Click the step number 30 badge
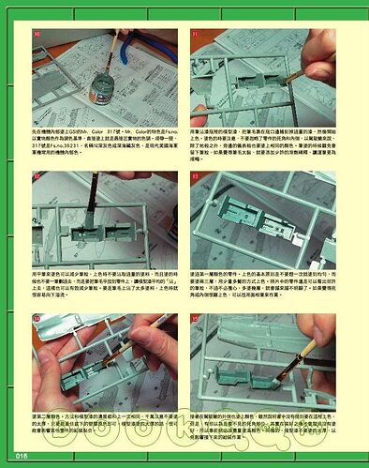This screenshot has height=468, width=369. click(x=37, y=35)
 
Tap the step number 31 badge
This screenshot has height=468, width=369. click(x=196, y=35)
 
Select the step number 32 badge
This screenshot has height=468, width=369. click(x=37, y=177)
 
